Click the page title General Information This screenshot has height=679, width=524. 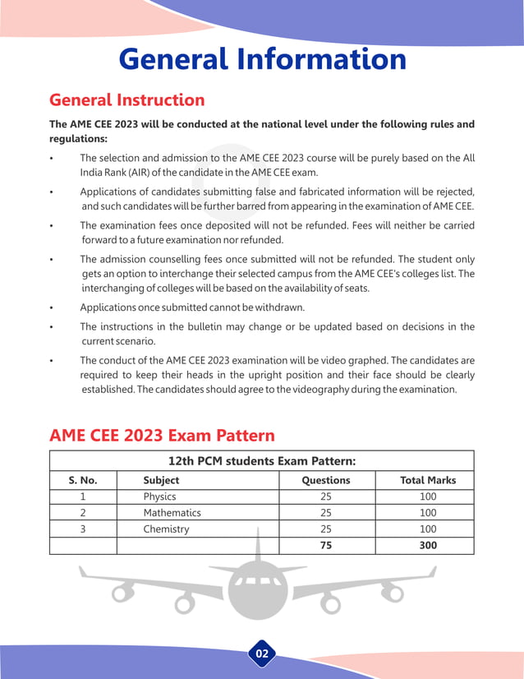pos(262,59)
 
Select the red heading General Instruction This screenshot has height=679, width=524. pos(127,100)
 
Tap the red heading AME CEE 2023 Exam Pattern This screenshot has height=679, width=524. pos(162,434)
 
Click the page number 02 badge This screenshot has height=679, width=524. pos(262,654)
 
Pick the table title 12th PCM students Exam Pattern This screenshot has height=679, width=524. pos(261,461)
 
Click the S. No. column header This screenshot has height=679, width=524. pos(83,480)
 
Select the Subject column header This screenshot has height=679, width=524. pos(161,480)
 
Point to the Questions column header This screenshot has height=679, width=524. pos(326,480)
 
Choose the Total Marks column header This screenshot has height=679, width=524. pos(427,480)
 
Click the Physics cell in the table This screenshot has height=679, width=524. pos(159,497)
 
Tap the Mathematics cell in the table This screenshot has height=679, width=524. pos(172,513)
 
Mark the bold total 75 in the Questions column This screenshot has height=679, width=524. pos(326,545)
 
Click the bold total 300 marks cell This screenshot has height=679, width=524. pos(427,545)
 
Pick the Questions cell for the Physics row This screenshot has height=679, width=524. pos(326,497)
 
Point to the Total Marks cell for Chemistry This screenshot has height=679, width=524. pos(427,529)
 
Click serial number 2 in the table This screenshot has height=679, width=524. pos(83,513)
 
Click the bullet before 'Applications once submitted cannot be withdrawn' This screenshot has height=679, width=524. pos(52,308)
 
